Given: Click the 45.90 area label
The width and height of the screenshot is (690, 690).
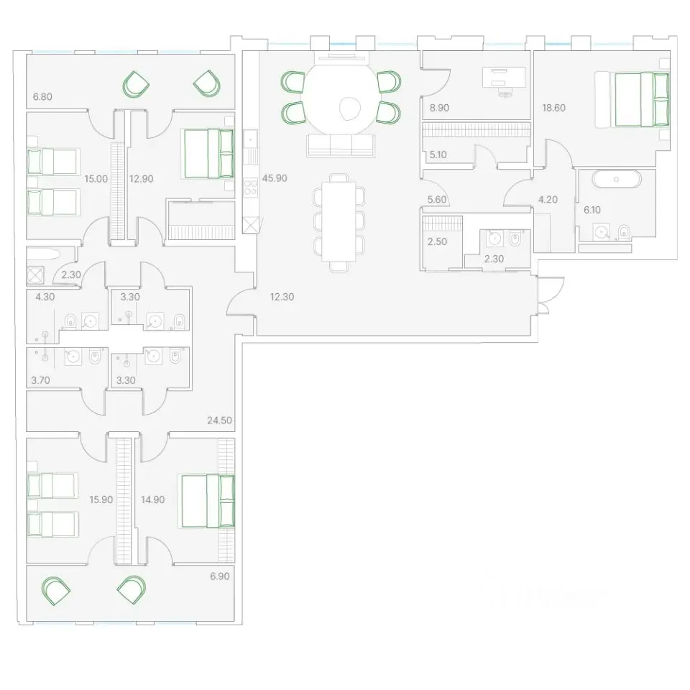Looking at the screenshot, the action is (275, 178).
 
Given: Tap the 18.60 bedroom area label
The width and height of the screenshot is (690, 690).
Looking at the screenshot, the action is (553, 108).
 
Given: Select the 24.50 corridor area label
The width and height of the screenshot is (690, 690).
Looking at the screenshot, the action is (220, 420).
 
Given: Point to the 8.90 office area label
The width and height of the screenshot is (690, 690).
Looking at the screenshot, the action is (439, 108).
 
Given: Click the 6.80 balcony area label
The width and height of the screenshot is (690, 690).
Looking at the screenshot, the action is (42, 96).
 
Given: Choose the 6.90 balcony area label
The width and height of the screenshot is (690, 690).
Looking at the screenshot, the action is (220, 576).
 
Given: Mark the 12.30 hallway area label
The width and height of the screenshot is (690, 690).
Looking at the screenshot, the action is (282, 297).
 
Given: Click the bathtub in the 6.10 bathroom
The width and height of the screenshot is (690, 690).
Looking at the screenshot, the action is (616, 180).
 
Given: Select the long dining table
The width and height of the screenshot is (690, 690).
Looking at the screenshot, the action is (339, 221).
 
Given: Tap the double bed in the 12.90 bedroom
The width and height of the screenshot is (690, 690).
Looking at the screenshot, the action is (209, 154).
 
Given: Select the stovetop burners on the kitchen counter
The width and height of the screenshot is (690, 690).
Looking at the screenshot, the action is (250, 187).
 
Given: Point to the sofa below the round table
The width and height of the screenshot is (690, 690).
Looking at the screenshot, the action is (341, 146).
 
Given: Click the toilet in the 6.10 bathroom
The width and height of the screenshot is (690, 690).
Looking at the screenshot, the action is (624, 231).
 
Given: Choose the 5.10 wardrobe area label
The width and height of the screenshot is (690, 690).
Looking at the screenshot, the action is (438, 155).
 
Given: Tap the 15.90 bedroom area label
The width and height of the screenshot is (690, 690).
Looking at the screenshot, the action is (101, 500).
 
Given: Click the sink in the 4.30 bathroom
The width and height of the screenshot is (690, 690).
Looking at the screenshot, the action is (90, 322).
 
